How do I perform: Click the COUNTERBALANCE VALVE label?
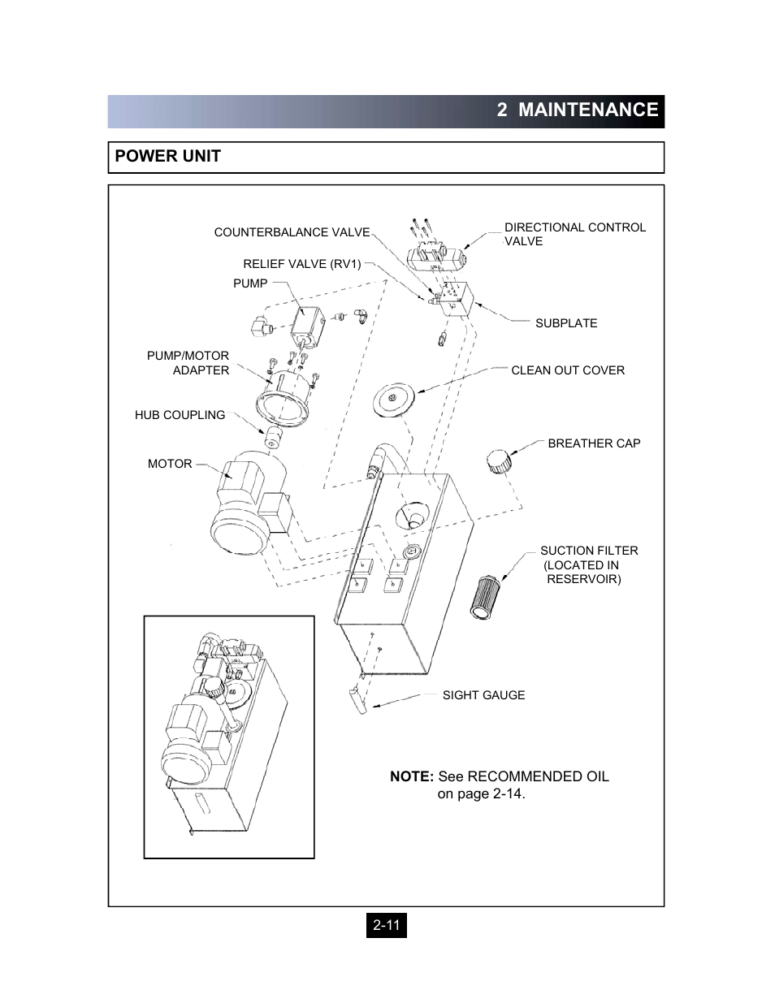point(292,232)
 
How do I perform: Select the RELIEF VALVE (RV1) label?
point(302,264)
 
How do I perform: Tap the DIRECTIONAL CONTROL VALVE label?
point(574,234)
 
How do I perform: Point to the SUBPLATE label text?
point(565,323)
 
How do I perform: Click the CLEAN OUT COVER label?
point(567,370)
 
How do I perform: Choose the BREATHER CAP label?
point(594,443)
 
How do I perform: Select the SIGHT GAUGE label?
point(483,695)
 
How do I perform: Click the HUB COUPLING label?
point(180,415)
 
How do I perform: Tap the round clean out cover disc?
point(393,397)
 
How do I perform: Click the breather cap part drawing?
point(499,461)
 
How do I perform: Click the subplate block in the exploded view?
point(453,300)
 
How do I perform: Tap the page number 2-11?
point(387,926)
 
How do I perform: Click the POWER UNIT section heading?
point(167,157)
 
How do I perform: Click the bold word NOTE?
point(412,776)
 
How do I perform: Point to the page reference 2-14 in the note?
point(507,793)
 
